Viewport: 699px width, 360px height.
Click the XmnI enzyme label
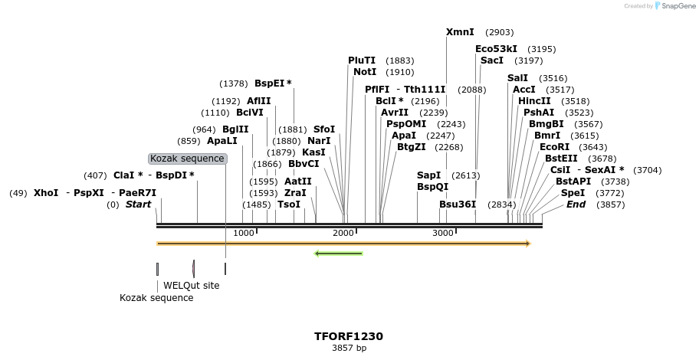[x=460, y=32]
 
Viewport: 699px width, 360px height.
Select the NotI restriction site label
[x=365, y=72]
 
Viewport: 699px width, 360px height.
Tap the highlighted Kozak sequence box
[x=188, y=159]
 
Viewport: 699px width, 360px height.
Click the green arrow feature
[x=338, y=254]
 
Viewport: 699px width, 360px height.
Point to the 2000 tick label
[x=343, y=233]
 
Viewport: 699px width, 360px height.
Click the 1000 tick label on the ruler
[x=244, y=233]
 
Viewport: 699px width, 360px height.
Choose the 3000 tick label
[x=443, y=233]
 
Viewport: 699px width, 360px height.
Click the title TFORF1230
[x=349, y=336]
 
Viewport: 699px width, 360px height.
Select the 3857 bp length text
[x=349, y=348]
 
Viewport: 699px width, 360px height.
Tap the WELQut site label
[x=191, y=286]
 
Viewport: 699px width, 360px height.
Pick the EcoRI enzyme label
[x=555, y=147]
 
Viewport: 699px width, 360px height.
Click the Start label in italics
[x=139, y=205]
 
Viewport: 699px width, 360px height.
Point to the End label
[x=576, y=205]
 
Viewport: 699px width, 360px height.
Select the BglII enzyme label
[x=235, y=129]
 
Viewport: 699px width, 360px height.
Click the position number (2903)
[x=500, y=32]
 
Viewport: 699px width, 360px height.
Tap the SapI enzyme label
[x=428, y=175]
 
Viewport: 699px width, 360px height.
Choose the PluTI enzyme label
[x=362, y=61]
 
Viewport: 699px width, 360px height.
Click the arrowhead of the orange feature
[x=528, y=244]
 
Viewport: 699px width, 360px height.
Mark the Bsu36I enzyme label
[x=458, y=205]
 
